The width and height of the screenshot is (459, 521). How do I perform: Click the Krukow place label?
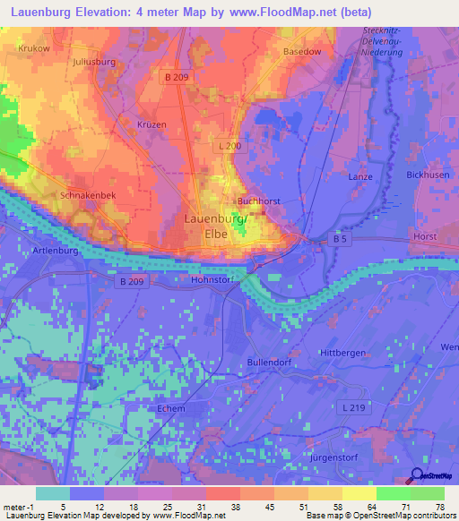[34, 48]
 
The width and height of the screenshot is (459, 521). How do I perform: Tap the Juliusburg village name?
[94, 63]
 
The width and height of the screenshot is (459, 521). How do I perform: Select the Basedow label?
[302, 52]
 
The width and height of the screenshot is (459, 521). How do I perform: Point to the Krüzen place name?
[152, 124]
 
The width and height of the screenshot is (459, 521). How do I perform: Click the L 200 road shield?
[229, 145]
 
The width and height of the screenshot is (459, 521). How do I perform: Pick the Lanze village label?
[360, 177]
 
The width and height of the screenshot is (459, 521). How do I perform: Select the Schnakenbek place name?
[87, 194]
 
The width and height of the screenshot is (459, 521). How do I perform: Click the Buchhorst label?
[260, 201]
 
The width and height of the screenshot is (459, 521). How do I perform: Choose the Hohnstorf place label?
[212, 279]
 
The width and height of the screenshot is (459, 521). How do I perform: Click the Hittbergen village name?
[342, 353]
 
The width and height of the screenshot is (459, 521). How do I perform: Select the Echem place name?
[170, 409]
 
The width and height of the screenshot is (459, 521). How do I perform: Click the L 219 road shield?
[354, 408]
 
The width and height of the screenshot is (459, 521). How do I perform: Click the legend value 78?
[438, 508]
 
